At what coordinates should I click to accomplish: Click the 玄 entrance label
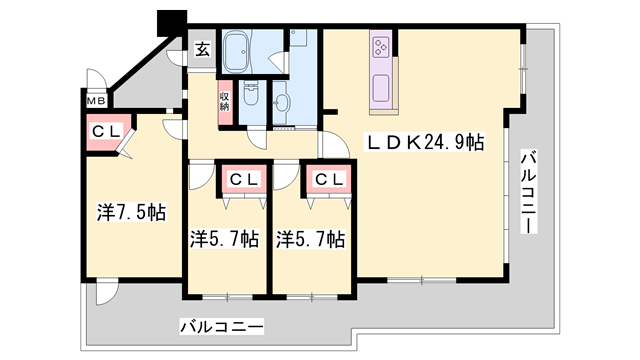point(202,49)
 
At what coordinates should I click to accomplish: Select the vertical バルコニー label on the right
point(527,192)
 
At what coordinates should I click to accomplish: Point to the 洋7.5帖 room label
point(130,213)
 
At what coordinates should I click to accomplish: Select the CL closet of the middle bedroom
point(243,180)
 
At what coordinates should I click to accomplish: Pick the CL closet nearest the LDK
point(328,180)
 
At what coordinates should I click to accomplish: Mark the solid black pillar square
point(173,21)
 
